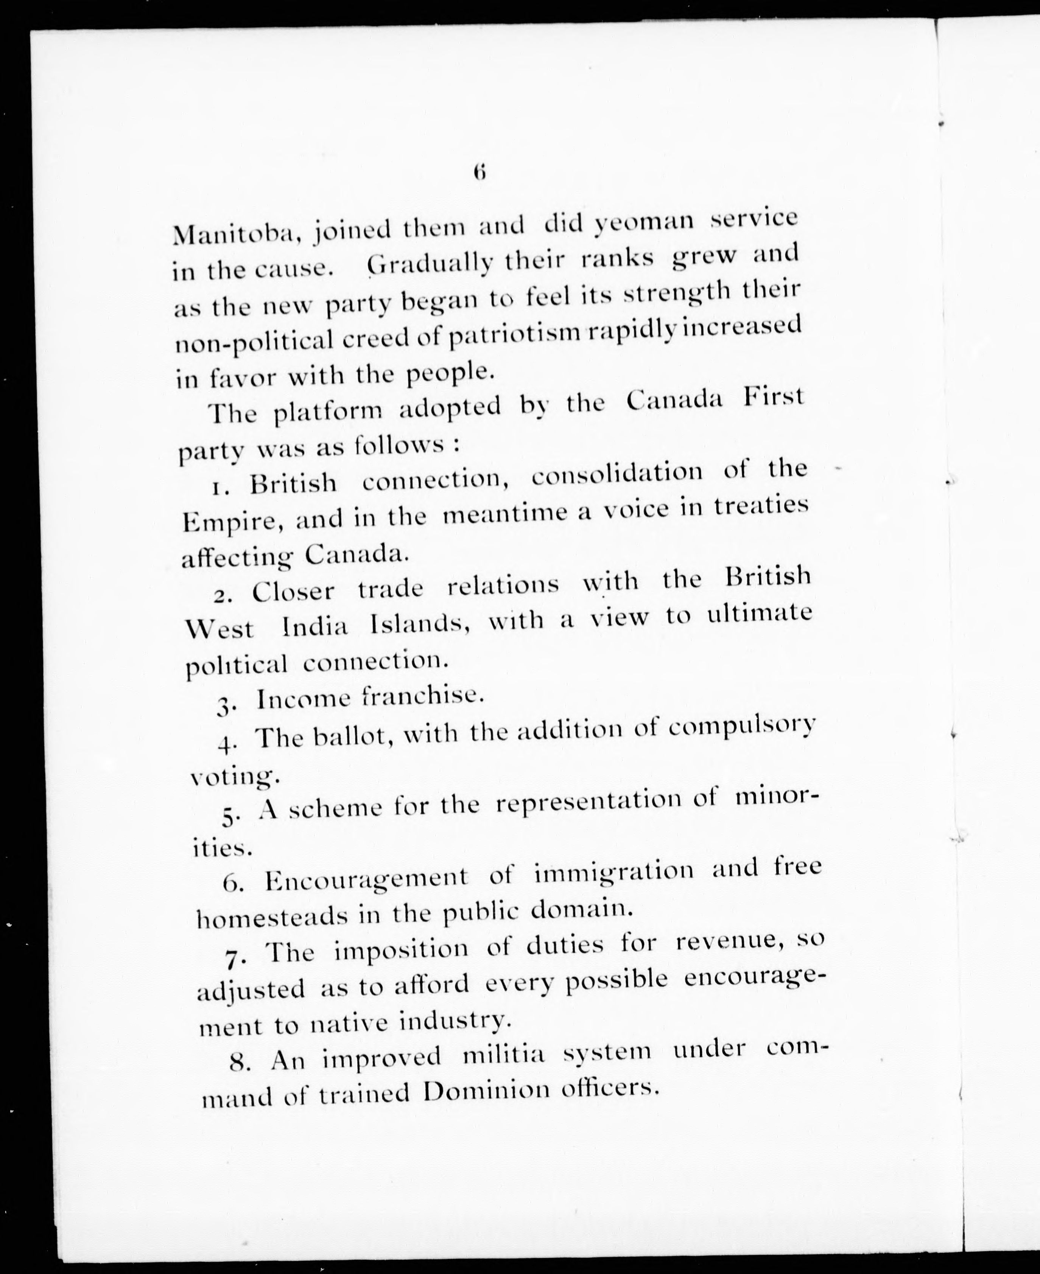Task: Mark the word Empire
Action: point(229,522)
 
